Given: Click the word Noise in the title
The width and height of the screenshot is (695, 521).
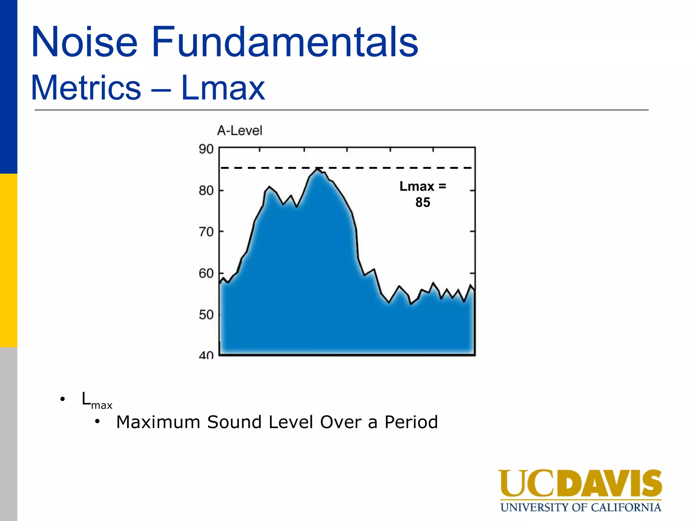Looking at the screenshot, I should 84,42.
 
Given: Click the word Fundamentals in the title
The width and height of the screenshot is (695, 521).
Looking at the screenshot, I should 285,42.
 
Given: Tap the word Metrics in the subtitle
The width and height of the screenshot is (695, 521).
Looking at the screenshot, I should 86,88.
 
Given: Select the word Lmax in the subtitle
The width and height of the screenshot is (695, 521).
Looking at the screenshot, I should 223,88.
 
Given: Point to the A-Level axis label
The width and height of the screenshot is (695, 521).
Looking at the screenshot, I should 240,131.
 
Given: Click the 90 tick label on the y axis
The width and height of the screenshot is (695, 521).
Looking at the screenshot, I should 206,149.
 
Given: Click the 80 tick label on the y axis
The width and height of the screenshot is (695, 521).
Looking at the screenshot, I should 206,191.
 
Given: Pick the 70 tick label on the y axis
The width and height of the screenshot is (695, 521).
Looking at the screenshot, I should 206,232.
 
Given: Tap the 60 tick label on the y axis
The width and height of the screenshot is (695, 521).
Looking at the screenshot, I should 206,273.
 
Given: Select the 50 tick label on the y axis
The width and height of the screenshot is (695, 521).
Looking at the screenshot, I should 206,315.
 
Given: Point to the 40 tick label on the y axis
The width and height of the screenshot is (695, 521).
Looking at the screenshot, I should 206,355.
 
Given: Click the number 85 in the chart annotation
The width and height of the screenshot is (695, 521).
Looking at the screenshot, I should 422,202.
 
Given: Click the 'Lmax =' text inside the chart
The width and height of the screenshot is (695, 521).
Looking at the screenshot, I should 422,187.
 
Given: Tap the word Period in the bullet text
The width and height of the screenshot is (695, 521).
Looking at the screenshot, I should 411,422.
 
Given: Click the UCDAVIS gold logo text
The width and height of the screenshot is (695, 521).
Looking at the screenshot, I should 580,484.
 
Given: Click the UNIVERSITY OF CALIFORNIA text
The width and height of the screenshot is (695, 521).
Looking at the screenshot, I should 580,507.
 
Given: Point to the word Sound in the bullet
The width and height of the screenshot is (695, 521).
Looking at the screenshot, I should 234,422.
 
